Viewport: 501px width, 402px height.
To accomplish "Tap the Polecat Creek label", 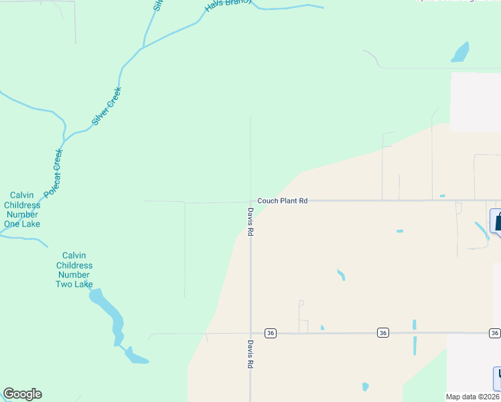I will [x=53, y=173].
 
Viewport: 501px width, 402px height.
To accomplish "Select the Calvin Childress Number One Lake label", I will [x=22, y=210].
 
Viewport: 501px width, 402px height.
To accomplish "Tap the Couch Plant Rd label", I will [x=283, y=200].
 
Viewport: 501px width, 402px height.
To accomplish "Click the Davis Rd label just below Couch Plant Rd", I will [x=250, y=222].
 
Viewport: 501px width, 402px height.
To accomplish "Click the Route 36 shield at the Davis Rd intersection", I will [x=271, y=333].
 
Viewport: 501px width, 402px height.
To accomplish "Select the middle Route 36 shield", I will [x=382, y=333].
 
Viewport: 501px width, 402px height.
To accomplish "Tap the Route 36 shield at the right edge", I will [x=494, y=333].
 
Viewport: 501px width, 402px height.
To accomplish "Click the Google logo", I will [x=22, y=394].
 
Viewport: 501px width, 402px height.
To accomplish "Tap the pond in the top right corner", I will [x=460, y=52].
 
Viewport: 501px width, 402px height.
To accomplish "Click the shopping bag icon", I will [x=497, y=220].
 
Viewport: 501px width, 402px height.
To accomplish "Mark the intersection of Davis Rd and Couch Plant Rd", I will [x=251, y=200].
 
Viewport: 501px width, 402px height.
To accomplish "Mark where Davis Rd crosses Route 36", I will [x=251, y=333].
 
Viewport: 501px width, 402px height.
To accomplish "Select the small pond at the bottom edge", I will [x=365, y=387].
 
